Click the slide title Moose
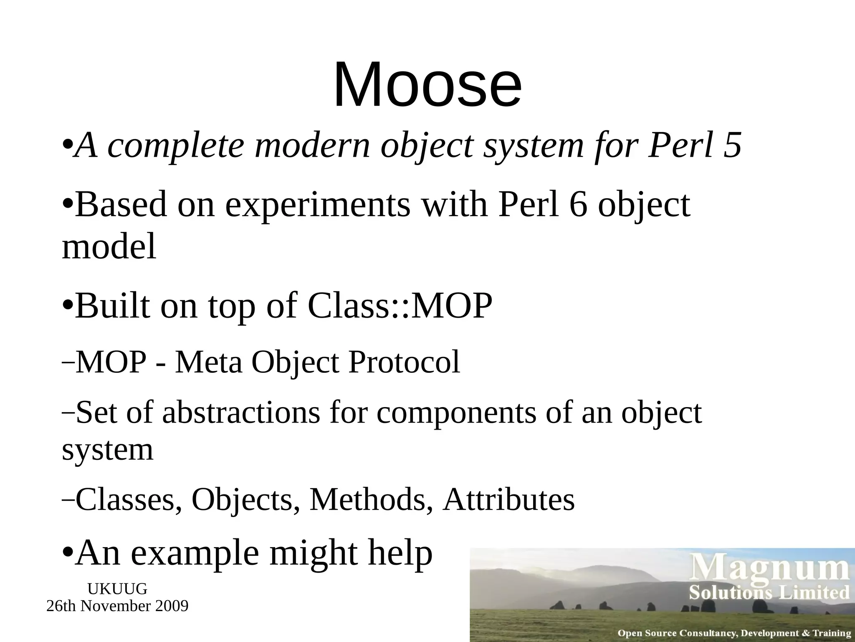(427, 85)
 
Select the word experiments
(318, 205)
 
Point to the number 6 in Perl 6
(578, 205)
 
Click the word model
(109, 247)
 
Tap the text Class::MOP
(400, 306)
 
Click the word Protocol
(404, 362)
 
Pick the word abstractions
(241, 413)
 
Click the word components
(456, 413)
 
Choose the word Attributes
(509, 500)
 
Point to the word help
(400, 553)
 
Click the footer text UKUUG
(117, 589)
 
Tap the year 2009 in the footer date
(172, 606)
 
